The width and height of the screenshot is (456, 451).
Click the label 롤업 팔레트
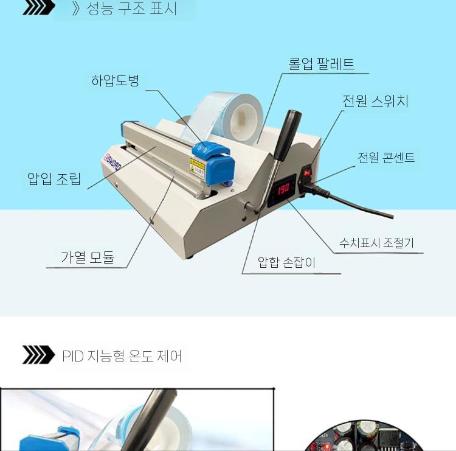pyautogui.click(x=322, y=64)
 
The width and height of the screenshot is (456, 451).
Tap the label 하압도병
pyautogui.click(x=116, y=80)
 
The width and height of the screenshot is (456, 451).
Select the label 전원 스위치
pyautogui.click(x=376, y=101)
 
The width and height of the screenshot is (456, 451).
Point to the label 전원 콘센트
pyautogui.click(x=386, y=158)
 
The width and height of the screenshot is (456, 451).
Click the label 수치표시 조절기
pyautogui.click(x=376, y=242)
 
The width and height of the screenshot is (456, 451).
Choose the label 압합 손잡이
pyautogui.click(x=286, y=262)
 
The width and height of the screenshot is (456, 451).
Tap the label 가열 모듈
pyautogui.click(x=88, y=257)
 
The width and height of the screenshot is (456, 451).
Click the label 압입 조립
pyautogui.click(x=54, y=178)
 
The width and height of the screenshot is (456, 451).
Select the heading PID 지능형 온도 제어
pyautogui.click(x=122, y=356)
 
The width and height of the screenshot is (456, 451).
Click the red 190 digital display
pyautogui.click(x=283, y=189)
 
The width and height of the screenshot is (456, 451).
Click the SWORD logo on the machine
pyautogui.click(x=112, y=163)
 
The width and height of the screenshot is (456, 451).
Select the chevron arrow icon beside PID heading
pyautogui.click(x=38, y=355)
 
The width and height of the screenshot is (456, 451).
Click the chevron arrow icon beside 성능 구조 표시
pyautogui.click(x=38, y=7)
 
